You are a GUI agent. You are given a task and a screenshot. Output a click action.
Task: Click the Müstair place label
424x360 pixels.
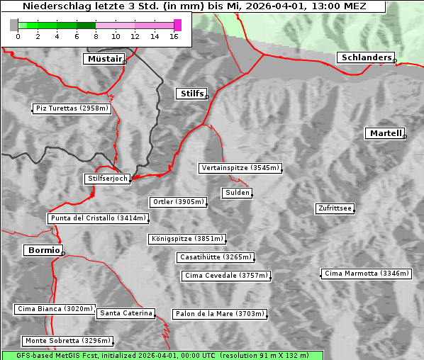point(104,59)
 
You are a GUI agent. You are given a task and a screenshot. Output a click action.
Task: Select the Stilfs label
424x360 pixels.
point(191,94)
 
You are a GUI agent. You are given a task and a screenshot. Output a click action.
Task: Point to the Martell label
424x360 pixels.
point(385,133)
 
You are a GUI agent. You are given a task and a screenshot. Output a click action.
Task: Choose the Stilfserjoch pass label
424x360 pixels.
point(107,179)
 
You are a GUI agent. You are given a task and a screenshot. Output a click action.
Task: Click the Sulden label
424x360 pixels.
point(236,193)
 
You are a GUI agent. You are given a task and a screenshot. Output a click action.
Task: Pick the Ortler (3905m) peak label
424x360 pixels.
point(178,202)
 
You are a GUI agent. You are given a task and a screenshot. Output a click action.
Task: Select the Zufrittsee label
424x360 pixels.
point(335,208)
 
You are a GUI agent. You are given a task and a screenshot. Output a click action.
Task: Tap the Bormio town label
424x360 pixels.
point(43,250)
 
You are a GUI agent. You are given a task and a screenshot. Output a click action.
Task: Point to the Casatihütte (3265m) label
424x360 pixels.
point(215,257)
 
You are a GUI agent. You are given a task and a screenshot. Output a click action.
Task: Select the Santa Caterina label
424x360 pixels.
point(126,313)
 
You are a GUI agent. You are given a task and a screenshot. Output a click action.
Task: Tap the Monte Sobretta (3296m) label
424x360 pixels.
point(67,341)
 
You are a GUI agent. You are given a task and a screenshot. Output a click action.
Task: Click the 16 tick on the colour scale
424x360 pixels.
point(174,35)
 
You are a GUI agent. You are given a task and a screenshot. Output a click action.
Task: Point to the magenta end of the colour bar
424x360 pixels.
point(177,25)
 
